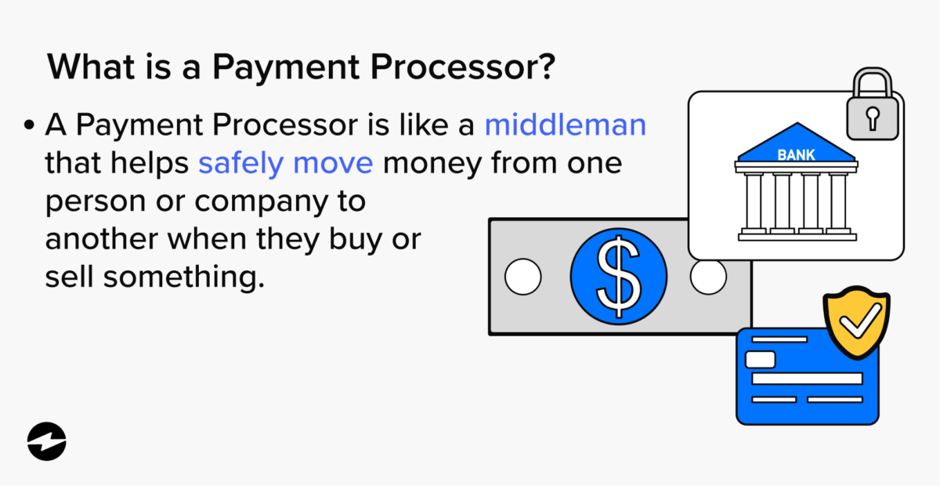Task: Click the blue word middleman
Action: (565, 125)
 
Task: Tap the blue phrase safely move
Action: (285, 163)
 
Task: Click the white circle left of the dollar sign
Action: (523, 276)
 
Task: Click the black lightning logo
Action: (47, 441)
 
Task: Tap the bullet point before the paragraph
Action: (30, 125)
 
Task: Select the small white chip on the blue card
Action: (760, 360)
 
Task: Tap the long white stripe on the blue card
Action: (807, 379)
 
